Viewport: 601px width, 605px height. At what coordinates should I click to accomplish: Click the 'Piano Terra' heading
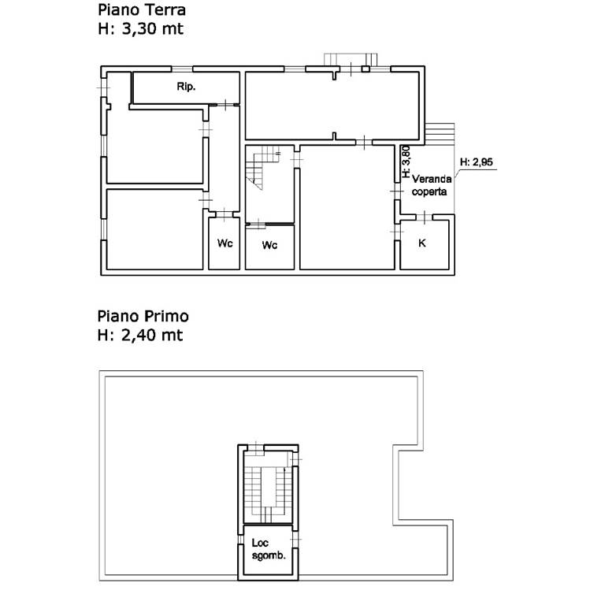coord(142,10)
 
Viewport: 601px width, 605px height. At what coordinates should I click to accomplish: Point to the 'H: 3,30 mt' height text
coord(140,29)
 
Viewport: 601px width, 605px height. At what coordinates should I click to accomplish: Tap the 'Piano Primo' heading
coord(143,317)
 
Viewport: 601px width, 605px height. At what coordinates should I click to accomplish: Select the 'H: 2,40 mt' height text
coord(140,335)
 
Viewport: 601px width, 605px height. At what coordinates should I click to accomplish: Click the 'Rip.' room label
coord(186,87)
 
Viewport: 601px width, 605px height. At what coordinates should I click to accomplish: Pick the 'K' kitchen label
coord(422,243)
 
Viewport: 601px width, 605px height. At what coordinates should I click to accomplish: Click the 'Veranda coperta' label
coord(432,185)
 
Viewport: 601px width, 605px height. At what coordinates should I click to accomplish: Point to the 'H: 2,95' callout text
coord(477,162)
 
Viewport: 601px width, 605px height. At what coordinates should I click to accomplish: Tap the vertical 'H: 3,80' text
coord(406,161)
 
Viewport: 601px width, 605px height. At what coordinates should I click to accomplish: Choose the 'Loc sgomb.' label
coord(269,549)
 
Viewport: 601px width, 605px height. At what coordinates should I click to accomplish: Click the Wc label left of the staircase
coord(225,243)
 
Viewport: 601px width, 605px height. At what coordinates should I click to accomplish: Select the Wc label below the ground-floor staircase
coord(269,245)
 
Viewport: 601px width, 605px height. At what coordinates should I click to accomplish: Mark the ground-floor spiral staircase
coord(263,168)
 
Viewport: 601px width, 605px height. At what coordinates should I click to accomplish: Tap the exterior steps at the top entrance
coord(351,59)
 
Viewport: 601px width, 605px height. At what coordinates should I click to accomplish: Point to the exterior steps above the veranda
coord(440,133)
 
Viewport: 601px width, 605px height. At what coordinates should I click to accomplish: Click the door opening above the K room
coord(424,217)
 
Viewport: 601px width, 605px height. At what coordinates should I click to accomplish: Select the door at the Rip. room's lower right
coord(225,105)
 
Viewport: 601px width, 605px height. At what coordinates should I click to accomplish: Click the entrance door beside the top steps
coord(351,69)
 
